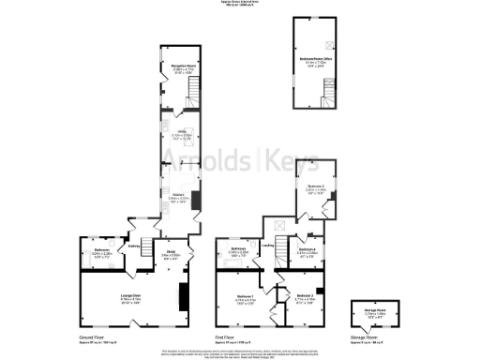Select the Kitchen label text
click(177, 196)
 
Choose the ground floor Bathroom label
click(102, 251)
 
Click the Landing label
click(267, 247)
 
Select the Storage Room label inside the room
click(362, 314)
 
